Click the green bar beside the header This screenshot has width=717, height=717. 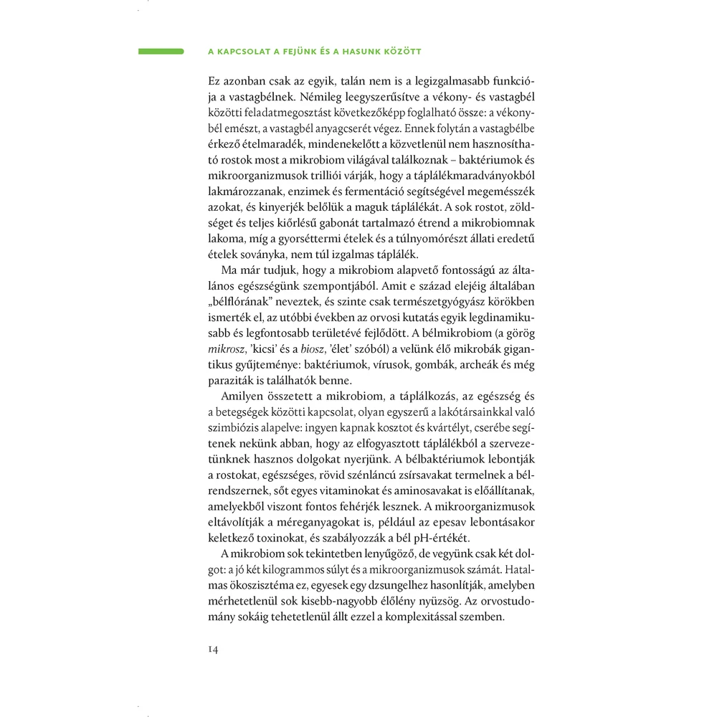[x=161, y=52]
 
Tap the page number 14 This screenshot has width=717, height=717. [x=212, y=649]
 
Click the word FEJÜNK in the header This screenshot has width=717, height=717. [x=308, y=52]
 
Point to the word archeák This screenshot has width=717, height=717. [x=440, y=364]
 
